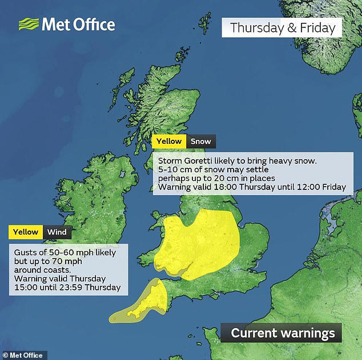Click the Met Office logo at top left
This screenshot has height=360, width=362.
66,25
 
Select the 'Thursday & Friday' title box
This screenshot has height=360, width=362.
281,27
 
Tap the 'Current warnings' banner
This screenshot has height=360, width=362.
283,333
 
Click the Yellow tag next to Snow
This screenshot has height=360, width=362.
169,141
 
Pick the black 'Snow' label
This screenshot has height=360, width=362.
200,141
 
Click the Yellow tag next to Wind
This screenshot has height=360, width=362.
26,232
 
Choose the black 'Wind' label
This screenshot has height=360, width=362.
57,232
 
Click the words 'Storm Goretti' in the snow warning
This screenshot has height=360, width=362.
186,160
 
